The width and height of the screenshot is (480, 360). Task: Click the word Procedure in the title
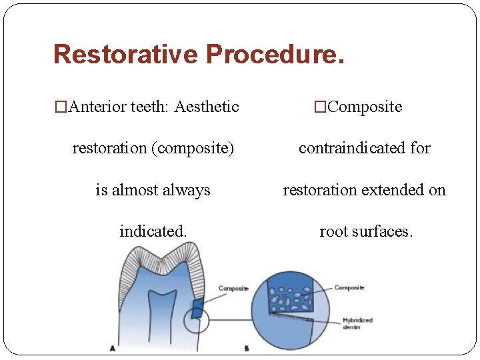[x=275, y=54]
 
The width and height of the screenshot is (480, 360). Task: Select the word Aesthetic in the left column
[x=206, y=107]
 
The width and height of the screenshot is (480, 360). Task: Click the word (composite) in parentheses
[x=193, y=148]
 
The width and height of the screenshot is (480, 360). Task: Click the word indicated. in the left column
[x=153, y=231]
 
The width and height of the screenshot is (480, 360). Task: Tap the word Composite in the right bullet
[x=365, y=107]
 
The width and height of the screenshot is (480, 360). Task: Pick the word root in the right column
[x=334, y=231]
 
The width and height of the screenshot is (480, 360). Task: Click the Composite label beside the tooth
[x=233, y=289]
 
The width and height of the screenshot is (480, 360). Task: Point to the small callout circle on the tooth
[x=196, y=321]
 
